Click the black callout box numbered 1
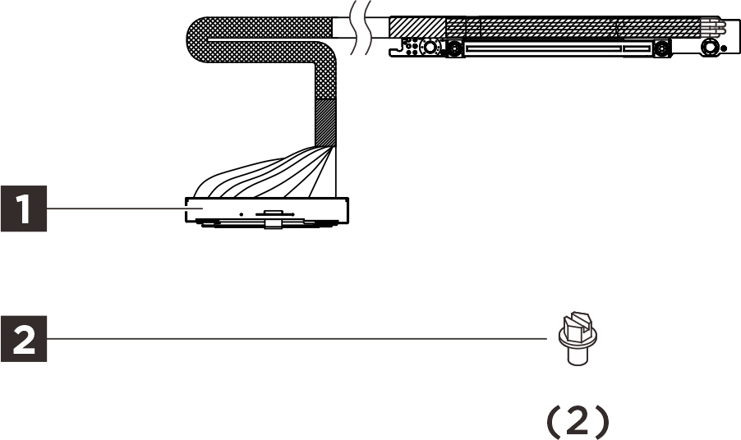24,209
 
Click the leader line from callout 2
296,337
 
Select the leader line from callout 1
115,209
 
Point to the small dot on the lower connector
241,213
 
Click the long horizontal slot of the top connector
542,49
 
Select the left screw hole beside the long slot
452,49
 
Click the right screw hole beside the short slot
661,49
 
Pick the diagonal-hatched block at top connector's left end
416,27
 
